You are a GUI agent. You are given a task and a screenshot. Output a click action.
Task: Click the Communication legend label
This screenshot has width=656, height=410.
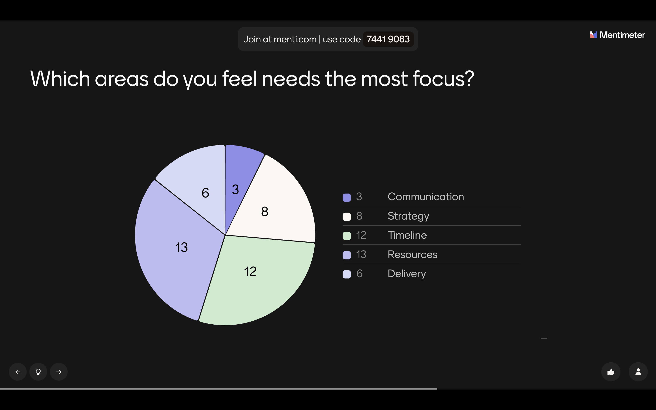[x=425, y=197]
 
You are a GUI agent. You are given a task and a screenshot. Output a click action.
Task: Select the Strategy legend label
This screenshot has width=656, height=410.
[x=408, y=216]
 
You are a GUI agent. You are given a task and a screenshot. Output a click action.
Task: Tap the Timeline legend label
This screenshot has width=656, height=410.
[x=407, y=235]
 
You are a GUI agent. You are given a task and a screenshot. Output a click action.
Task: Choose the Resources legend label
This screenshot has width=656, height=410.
[x=412, y=255]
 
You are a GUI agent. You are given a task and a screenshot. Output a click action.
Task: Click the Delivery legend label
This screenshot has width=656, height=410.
[x=407, y=274]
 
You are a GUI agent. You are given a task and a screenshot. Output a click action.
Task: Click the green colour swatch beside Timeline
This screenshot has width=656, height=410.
[x=347, y=236]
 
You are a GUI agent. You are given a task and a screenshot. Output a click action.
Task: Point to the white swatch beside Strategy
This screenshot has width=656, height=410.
[x=347, y=217]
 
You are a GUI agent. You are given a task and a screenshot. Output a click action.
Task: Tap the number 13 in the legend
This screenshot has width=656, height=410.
[x=361, y=255]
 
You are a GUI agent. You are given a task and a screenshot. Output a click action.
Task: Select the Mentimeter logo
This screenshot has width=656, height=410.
[x=618, y=35]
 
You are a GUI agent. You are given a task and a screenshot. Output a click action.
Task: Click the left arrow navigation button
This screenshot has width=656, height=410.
[x=18, y=372]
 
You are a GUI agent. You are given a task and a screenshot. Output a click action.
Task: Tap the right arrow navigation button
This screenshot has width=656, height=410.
[x=59, y=372]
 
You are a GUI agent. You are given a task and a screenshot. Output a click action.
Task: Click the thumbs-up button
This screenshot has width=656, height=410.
[x=611, y=372]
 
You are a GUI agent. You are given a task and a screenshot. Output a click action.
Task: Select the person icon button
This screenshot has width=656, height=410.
[x=638, y=372]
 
